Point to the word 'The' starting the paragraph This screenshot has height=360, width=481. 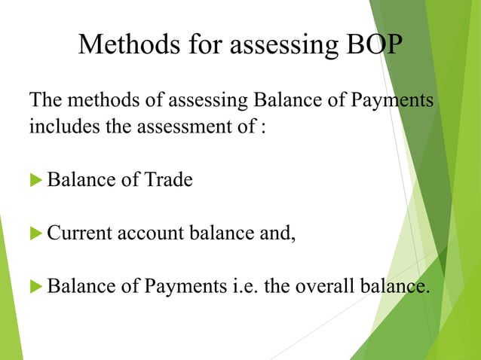[x=44, y=100]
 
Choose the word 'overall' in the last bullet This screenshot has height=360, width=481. [x=321, y=286]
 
